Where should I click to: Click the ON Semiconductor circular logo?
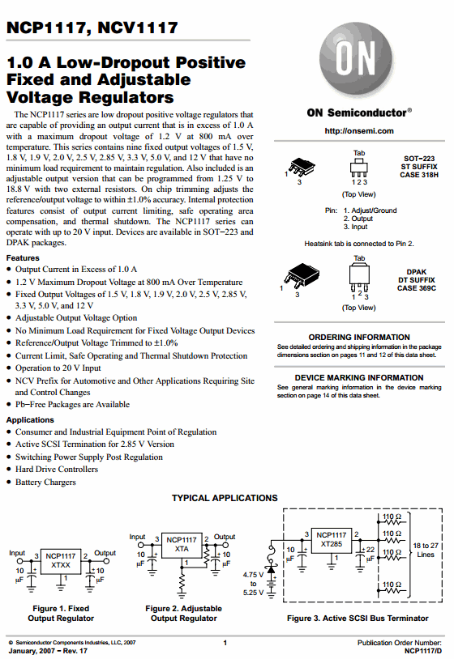358,59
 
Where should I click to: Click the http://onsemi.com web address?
359,130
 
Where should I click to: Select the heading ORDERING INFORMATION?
359,337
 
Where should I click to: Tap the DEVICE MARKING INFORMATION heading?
359,377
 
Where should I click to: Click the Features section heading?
23,257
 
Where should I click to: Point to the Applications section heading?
30,419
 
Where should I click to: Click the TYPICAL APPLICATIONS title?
225,498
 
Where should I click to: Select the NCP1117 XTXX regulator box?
61,561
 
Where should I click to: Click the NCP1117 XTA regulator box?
182,545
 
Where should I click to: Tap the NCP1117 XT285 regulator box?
331,540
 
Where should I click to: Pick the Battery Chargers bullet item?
45,482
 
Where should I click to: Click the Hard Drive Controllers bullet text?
57,469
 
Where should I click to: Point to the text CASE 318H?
419,175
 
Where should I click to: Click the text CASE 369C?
417,288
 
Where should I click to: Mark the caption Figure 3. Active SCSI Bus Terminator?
358,619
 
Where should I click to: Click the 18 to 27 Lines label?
426,551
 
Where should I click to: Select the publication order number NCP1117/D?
423,651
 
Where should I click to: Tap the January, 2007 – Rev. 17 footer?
48,651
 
